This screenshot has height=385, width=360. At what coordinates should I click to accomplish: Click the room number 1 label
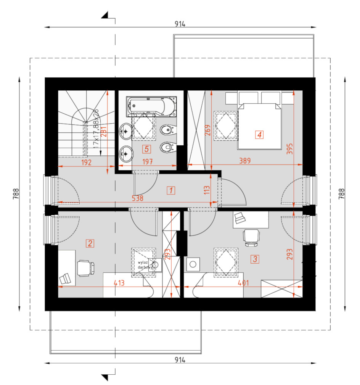[171, 190]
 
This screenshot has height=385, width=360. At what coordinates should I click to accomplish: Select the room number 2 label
[90, 243]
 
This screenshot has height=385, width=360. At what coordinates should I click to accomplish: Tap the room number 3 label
[255, 259]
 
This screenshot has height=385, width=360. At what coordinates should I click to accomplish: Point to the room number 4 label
[259, 135]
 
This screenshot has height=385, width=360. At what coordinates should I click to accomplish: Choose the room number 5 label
[146, 149]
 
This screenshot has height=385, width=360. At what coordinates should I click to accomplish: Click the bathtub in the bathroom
[151, 106]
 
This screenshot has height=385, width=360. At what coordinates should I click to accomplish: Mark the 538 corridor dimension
[137, 198]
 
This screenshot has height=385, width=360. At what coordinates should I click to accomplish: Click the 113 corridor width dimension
[207, 190]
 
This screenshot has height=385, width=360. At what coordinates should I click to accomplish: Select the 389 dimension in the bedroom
[245, 161]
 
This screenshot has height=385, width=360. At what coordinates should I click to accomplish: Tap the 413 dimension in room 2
[119, 283]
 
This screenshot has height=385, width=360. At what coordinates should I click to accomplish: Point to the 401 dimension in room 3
[243, 283]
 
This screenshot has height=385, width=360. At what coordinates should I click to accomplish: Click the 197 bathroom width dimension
[148, 161]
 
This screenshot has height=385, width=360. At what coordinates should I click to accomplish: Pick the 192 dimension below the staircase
[86, 162]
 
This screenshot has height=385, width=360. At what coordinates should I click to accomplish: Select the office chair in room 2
[86, 268]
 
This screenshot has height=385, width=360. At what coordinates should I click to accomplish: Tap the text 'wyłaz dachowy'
[145, 265]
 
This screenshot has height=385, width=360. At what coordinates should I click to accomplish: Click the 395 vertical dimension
[290, 149]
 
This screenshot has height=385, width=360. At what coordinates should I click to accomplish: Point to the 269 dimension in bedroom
[207, 130]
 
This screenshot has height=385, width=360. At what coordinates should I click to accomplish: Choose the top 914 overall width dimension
[180, 24]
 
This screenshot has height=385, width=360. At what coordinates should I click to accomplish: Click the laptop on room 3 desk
[240, 218]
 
